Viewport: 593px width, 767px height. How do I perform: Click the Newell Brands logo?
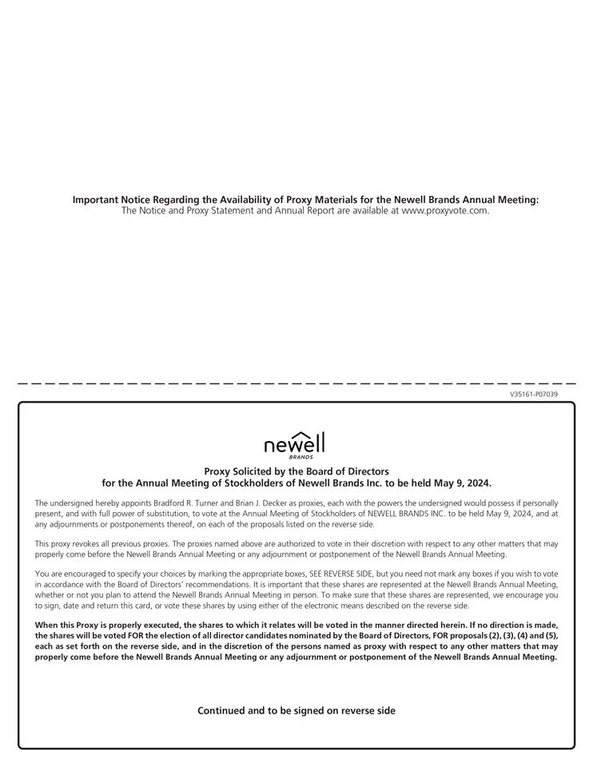pos(295,444)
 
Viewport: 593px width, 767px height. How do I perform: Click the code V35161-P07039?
pos(533,394)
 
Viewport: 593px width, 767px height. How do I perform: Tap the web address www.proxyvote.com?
pos(444,211)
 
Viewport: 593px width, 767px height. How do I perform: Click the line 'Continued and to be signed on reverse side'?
pos(296,710)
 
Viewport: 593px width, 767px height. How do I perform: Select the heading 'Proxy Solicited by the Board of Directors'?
pos(296,471)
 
